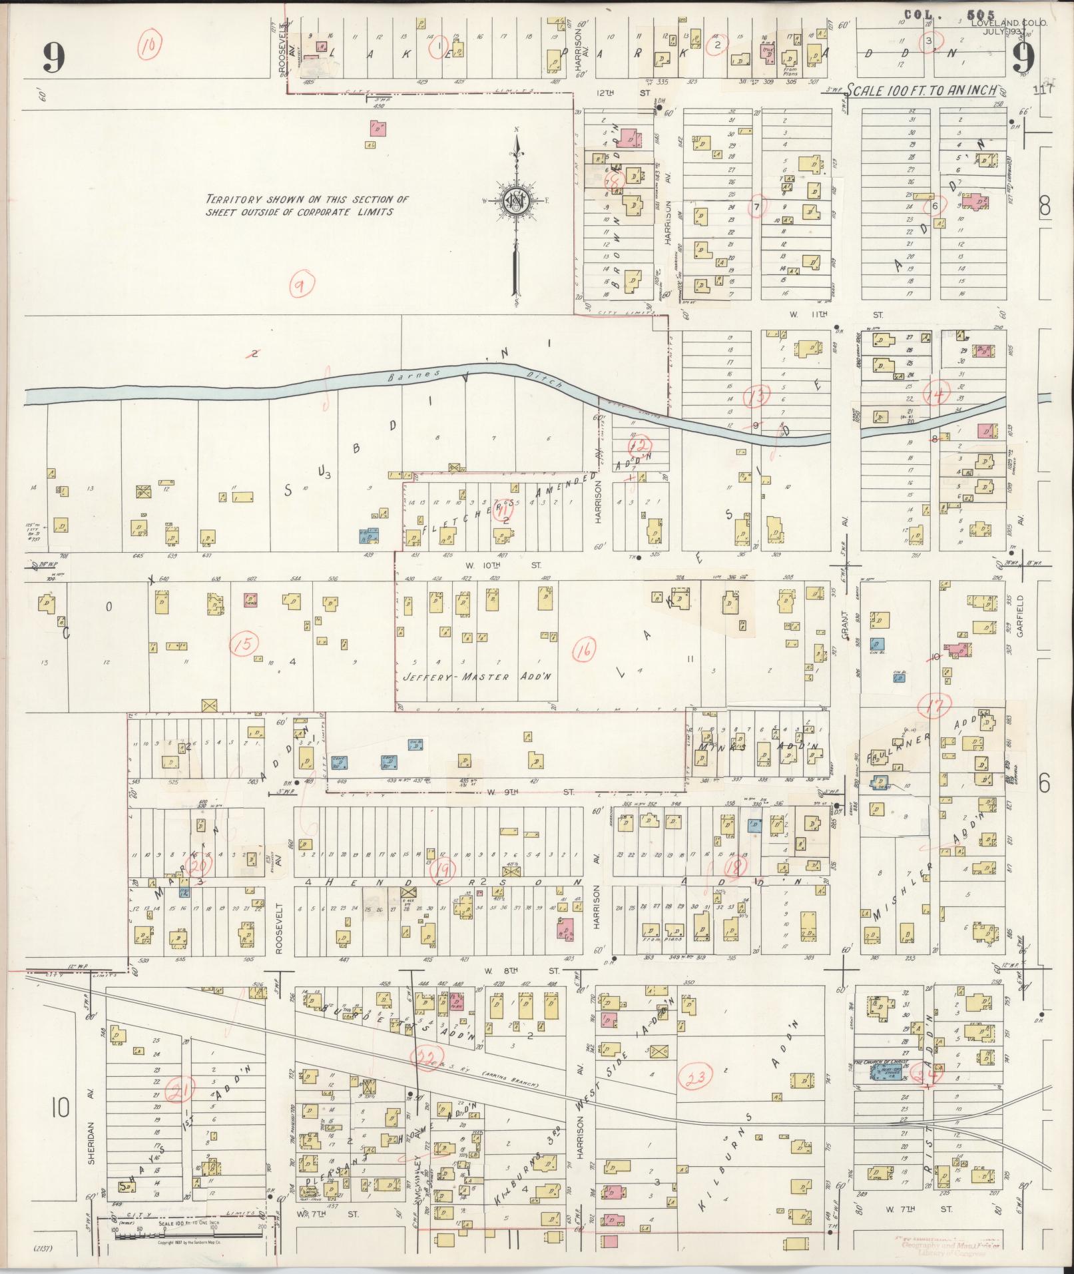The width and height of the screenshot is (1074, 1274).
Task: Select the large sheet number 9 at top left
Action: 53,58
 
